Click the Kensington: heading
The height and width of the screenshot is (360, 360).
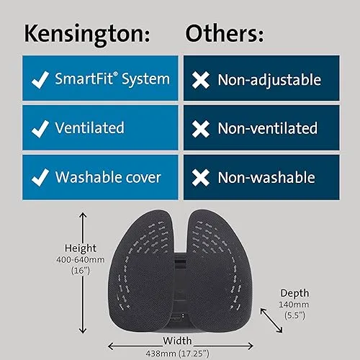(87, 34)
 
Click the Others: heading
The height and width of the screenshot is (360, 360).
(225, 33)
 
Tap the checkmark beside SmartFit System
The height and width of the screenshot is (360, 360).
(40, 80)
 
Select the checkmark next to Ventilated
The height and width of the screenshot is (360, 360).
(40, 129)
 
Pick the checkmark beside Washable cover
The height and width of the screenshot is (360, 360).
(40, 178)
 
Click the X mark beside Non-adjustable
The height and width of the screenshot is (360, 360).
(201, 80)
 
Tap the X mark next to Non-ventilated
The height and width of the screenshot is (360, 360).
(201, 129)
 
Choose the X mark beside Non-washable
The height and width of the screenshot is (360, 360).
(201, 178)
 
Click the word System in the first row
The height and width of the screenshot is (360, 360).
(145, 79)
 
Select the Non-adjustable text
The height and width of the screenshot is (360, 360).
(269, 80)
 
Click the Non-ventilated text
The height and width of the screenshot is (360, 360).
(268, 128)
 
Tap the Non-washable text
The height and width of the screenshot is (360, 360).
(266, 178)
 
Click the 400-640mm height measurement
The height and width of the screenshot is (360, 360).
(81, 260)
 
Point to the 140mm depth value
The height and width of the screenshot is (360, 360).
(294, 305)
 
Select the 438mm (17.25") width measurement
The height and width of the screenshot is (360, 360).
(178, 354)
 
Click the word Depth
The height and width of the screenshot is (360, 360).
(294, 294)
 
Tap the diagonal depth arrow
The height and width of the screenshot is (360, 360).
(271, 320)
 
